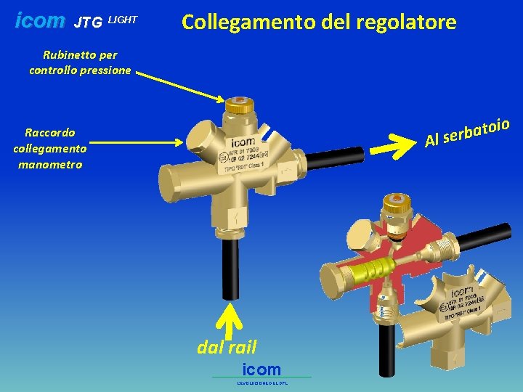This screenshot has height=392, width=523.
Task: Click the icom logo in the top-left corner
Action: pos(40,21)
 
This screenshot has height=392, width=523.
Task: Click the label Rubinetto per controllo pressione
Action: pos(80,62)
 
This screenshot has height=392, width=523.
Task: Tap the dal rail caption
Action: pos(227,347)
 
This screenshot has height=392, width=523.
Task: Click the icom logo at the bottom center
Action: pos(261,369)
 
